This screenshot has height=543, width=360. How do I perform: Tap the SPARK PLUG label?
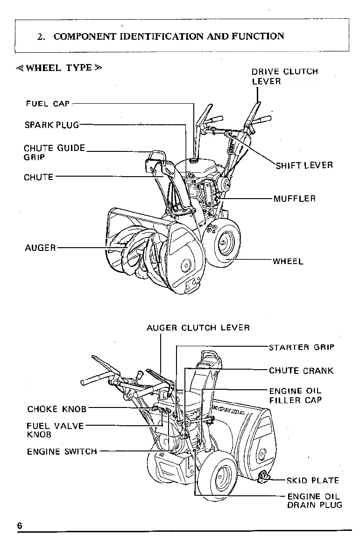click(52, 125)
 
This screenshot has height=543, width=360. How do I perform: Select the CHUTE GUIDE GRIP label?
click(54, 153)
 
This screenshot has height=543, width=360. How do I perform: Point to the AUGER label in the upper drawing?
click(40, 248)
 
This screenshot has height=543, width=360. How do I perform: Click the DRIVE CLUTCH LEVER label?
click(285, 77)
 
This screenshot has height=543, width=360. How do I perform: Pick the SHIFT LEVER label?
click(304, 165)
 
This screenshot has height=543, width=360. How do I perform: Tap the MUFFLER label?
click(295, 199)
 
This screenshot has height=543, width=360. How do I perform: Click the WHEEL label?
click(288, 261)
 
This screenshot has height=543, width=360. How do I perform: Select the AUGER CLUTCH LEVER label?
click(198, 328)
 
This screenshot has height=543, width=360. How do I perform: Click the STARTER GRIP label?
click(302, 347)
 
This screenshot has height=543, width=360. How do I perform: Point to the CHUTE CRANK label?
click(301, 371)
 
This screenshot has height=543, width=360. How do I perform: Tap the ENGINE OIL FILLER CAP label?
click(296, 395)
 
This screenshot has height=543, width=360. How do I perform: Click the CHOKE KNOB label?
click(57, 409)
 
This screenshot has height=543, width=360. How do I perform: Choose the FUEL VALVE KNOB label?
click(55, 430)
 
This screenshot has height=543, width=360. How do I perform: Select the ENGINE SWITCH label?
click(62, 451)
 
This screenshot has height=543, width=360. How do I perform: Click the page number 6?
click(20, 525)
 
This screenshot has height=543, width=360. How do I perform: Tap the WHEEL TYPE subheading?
click(58, 67)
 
